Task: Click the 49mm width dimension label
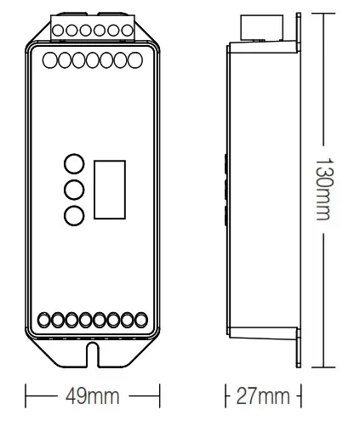(93, 397)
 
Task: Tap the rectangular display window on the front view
(109, 187)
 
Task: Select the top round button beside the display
(74, 164)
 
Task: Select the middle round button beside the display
(74, 190)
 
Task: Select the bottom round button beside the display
(74, 215)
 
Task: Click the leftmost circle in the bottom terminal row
(48, 321)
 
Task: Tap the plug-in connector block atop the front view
(93, 28)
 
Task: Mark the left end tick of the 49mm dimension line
(26, 397)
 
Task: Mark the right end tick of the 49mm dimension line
(160, 397)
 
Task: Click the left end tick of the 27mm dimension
(226, 397)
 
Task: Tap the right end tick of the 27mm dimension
(300, 397)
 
